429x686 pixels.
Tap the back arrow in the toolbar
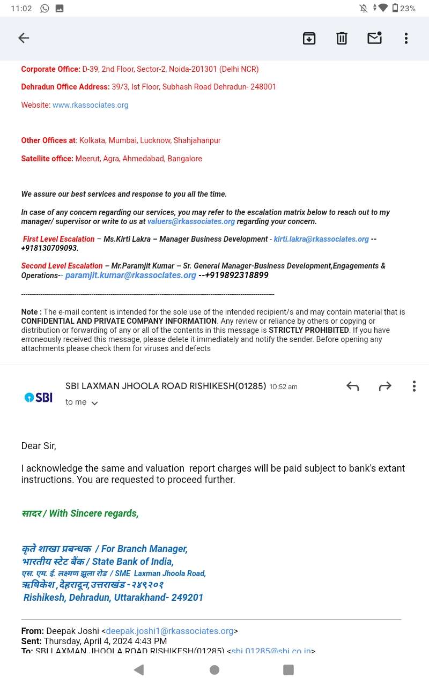pyautogui.click(x=24, y=38)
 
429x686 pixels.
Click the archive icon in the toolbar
pyautogui.click(x=309, y=38)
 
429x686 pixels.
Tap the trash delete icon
pyautogui.click(x=342, y=38)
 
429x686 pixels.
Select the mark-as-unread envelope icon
pyautogui.click(x=374, y=38)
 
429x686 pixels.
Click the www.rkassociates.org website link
pyautogui.click(x=90, y=105)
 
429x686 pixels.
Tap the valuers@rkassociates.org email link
pyautogui.click(x=191, y=221)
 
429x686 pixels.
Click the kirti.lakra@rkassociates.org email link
pyautogui.click(x=321, y=239)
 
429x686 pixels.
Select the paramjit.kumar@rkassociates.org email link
pyautogui.click(x=130, y=275)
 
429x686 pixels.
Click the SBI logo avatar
pyautogui.click(x=38, y=397)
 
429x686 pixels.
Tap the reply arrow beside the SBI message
pyautogui.click(x=352, y=386)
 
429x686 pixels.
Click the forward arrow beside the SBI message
pyautogui.click(x=385, y=386)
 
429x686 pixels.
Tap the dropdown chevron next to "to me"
pyautogui.click(x=95, y=403)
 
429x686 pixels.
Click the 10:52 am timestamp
pyautogui.click(x=283, y=387)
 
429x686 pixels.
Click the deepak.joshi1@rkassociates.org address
pyautogui.click(x=169, y=631)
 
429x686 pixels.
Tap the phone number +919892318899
pyautogui.click(x=236, y=275)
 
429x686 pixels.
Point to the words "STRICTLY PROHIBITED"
pyautogui.click(x=308, y=330)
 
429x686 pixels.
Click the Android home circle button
pyautogui.click(x=214, y=669)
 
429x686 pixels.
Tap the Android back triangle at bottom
pyautogui.click(x=139, y=669)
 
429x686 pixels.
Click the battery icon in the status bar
pyautogui.click(x=395, y=8)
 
